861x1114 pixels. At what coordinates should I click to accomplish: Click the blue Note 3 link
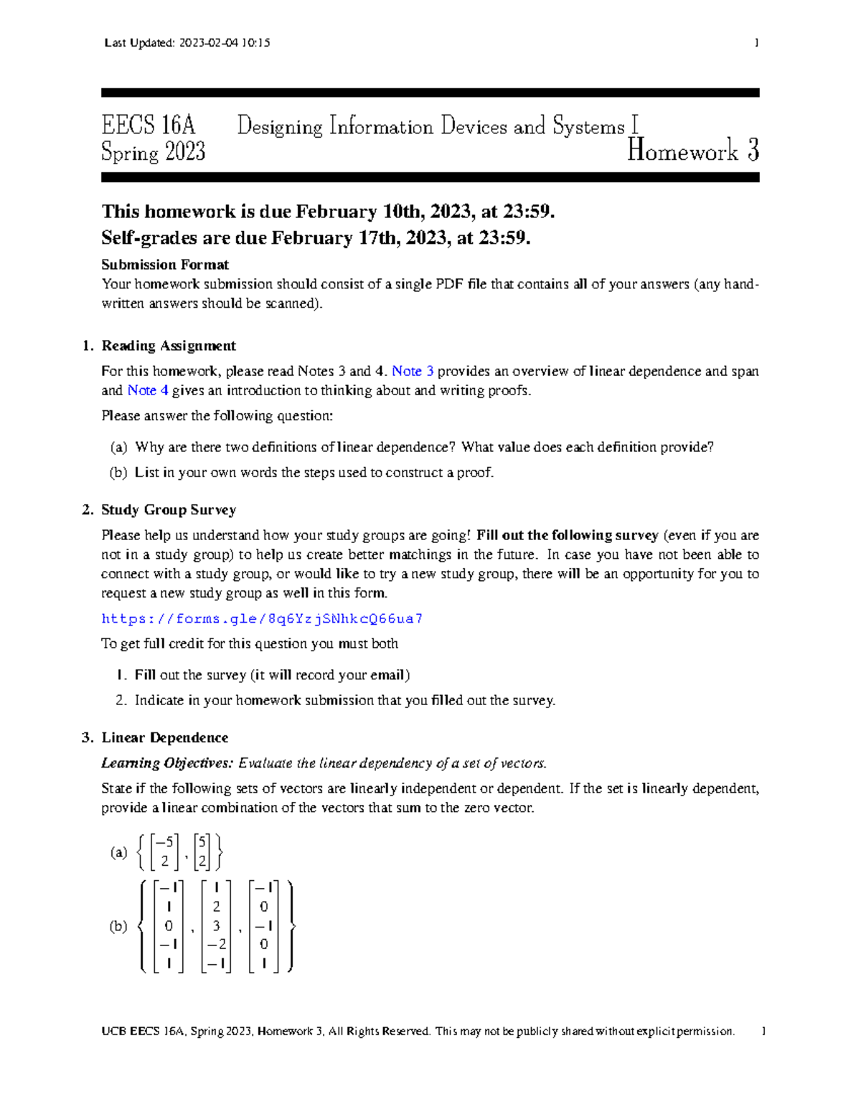413,372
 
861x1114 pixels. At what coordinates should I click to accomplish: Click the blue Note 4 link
148,391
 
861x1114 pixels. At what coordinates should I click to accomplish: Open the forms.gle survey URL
262,619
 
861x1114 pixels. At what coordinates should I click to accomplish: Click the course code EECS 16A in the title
149,126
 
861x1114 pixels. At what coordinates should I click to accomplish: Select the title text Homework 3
692,151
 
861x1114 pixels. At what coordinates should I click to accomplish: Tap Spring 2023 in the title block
154,152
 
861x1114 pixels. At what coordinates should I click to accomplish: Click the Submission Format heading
165,265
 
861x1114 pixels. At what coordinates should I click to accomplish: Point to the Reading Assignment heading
169,346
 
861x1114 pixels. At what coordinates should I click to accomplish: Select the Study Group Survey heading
169,510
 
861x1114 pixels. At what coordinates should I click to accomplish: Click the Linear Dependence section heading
165,738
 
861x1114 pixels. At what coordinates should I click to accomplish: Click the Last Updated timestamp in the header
187,43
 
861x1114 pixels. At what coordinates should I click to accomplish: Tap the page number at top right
756,43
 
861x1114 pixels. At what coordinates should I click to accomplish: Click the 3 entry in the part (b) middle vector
216,926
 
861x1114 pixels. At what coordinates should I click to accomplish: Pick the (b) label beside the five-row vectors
118,926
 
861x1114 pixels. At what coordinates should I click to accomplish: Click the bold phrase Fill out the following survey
567,536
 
